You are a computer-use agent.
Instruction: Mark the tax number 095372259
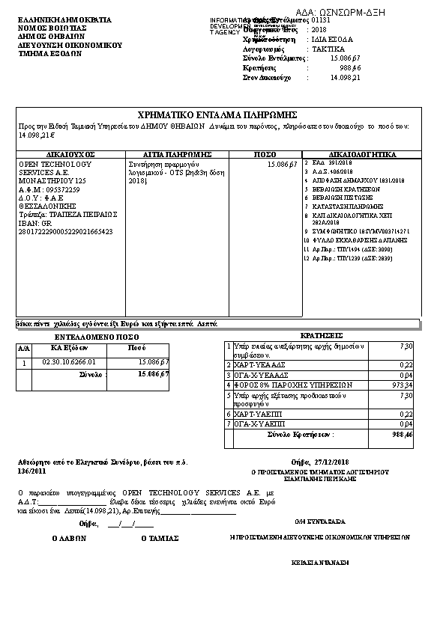click(x=62, y=190)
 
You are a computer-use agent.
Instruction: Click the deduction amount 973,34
click(x=402, y=385)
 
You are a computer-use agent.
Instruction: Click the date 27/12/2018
click(x=337, y=462)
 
